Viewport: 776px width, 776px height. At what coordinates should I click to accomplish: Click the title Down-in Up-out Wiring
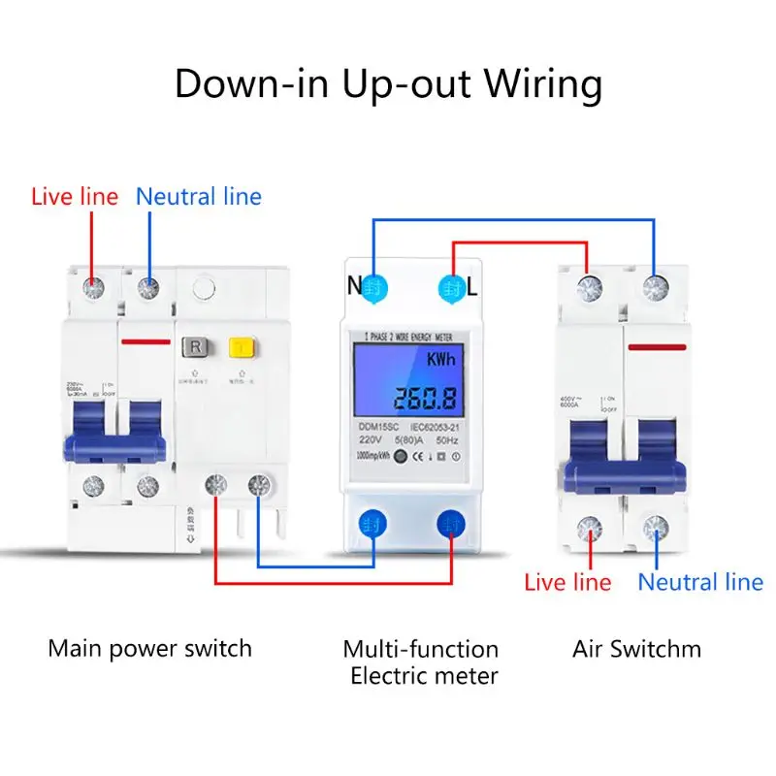388,84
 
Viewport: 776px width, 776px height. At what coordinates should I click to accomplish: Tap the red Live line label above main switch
75,197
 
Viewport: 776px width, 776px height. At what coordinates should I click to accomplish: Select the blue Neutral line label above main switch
199,197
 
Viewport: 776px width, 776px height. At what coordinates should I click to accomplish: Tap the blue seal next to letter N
375,287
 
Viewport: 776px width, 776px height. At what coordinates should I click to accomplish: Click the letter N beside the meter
355,287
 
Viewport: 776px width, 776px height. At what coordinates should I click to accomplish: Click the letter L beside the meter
472,287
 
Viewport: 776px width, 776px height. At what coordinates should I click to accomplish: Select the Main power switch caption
149,647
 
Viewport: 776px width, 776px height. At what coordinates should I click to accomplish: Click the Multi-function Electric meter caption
422,662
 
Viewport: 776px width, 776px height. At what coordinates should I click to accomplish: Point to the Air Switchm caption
636,648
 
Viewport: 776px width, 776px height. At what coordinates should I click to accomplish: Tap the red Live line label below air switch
568,582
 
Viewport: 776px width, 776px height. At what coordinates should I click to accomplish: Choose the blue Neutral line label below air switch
700,582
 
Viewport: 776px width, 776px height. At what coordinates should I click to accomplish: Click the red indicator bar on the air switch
657,345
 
